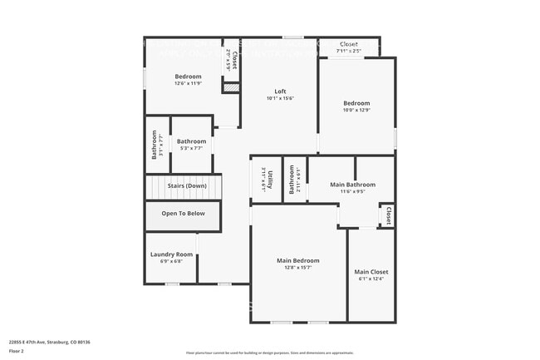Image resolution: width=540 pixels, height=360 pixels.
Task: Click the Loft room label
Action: point(281,91)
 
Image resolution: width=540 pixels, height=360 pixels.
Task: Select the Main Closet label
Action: point(371,272)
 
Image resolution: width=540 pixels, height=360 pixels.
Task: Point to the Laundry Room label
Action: point(171,254)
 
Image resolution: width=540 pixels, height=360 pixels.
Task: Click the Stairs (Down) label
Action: point(187,185)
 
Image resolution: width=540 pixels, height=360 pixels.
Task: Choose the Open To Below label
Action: point(183,214)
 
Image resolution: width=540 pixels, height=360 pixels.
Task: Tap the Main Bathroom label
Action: point(353,185)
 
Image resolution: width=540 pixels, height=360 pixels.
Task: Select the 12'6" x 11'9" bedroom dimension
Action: point(188,83)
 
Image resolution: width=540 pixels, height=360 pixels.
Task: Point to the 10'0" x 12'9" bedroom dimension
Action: point(357,110)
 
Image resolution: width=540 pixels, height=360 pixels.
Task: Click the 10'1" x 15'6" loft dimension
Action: point(281,98)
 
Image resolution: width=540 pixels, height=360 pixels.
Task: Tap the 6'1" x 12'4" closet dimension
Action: point(371,279)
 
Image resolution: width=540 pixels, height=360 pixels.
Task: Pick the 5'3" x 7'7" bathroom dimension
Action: point(191,148)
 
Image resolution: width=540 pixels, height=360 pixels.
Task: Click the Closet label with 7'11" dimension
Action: point(349,44)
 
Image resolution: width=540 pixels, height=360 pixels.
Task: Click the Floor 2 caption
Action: point(17,352)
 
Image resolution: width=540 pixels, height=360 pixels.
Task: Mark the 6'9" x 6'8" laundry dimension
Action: point(171,261)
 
